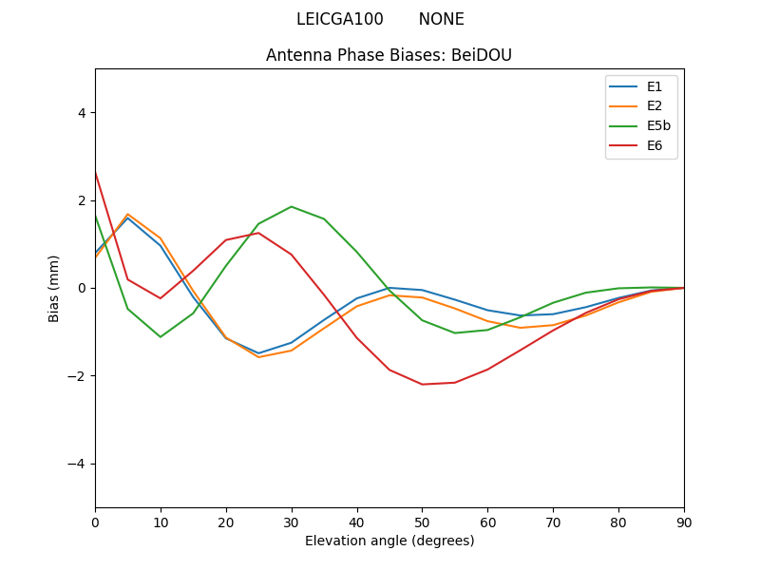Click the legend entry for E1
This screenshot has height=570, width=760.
pos(655,86)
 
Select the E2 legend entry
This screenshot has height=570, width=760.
pos(655,106)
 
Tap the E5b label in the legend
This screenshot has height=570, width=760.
pos(659,125)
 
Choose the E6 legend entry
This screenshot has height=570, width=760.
pos(655,145)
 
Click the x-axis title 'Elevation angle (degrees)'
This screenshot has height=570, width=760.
pos(389,541)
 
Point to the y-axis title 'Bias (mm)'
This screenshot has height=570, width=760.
pos(54,288)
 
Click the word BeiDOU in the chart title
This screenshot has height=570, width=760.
pos(479,55)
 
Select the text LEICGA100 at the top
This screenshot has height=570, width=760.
pos(340,19)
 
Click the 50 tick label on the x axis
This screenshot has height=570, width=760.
pos(422,521)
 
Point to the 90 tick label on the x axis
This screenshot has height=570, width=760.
pos(684,521)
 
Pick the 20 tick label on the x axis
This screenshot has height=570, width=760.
pos(226,521)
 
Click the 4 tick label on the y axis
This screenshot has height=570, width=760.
pos(81,112)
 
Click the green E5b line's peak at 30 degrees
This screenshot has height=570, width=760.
pos(292,206)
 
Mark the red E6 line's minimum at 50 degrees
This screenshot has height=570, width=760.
pos(422,384)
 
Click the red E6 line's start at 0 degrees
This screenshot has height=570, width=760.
pos(96,173)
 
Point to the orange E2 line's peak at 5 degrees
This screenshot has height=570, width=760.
pos(127,214)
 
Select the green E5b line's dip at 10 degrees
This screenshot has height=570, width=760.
pos(161,336)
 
